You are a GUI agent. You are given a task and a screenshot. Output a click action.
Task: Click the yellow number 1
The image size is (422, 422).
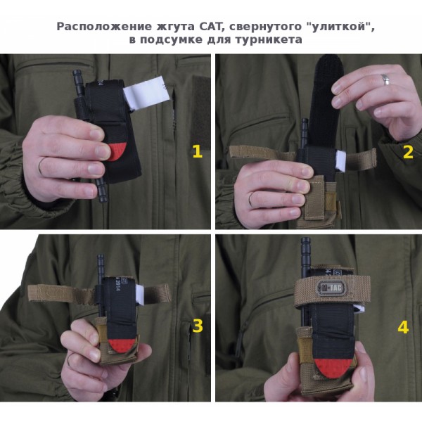[197, 151]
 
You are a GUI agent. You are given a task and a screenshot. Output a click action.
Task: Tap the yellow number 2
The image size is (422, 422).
[408, 152]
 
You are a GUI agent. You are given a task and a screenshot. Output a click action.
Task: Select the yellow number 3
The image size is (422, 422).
[198, 326]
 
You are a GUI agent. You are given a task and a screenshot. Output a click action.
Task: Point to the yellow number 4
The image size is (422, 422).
[403, 327]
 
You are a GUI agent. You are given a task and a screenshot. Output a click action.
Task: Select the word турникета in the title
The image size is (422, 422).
[269, 40]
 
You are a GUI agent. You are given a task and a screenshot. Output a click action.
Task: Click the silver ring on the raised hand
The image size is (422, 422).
[385, 79]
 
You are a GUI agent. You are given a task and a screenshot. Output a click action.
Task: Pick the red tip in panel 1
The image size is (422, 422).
[117, 151]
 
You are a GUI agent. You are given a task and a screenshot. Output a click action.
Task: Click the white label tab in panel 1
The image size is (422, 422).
[147, 92]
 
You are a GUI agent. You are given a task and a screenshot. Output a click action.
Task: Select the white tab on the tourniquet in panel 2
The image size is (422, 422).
[340, 160]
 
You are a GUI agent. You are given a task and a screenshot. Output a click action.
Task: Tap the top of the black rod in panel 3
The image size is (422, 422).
[101, 256]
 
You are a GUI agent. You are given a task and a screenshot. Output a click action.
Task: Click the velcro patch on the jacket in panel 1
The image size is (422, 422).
[200, 111]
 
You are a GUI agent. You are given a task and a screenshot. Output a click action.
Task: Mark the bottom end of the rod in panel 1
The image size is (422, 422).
[103, 200]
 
